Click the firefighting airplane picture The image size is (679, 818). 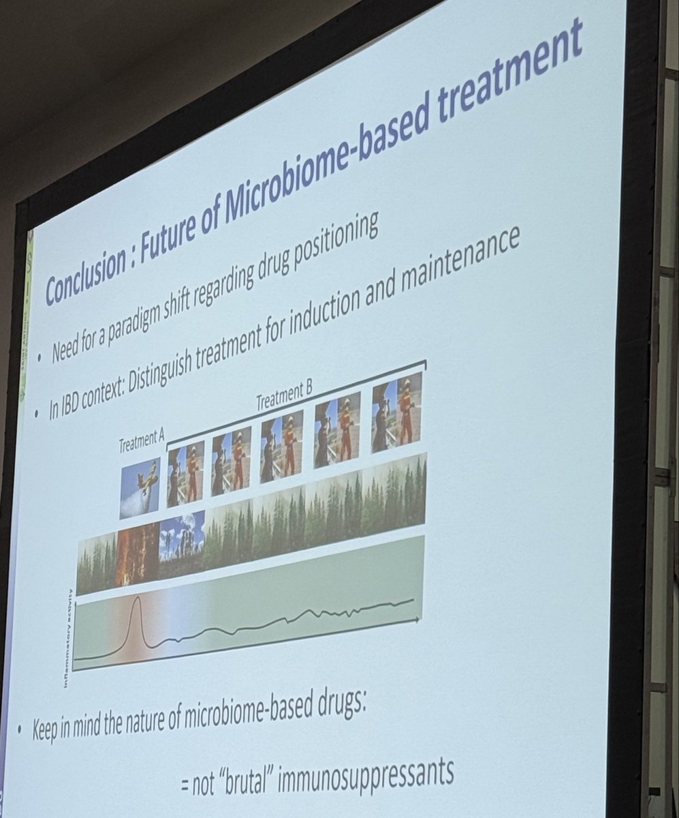[140, 488]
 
